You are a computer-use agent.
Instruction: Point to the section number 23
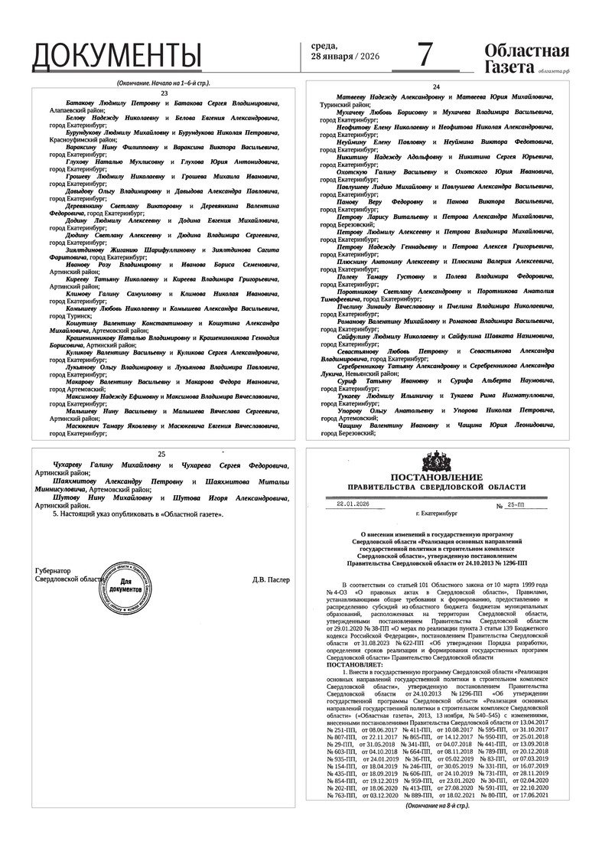tap(164, 93)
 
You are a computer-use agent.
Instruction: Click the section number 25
tap(161, 454)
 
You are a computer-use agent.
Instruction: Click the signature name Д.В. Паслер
tap(271, 579)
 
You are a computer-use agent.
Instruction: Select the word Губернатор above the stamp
tap(52, 571)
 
